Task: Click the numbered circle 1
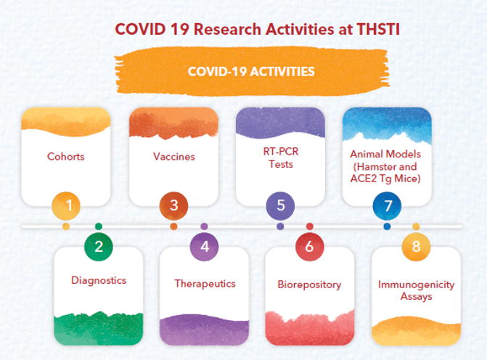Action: (66, 206)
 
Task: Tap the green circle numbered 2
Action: (99, 247)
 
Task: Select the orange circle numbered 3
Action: (173, 206)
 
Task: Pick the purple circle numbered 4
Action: (204, 247)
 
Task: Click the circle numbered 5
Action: (280, 206)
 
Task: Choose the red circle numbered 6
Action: (310, 247)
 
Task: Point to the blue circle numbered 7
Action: (387, 206)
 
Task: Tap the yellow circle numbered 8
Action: (416, 247)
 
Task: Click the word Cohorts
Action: (66, 156)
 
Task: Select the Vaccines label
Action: (174, 156)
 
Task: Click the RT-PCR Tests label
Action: (281, 157)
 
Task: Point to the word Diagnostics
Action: (99, 280)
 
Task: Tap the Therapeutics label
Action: (205, 284)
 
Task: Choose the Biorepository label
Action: (309, 285)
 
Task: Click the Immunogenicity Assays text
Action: (416, 290)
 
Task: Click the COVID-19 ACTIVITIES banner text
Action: (251, 71)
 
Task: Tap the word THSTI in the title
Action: (378, 29)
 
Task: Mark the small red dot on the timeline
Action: (310, 226)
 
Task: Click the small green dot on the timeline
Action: (99, 226)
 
